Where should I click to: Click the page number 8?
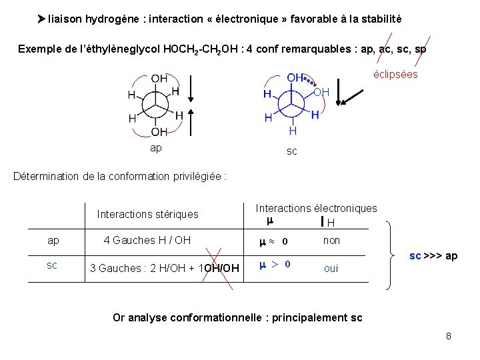(x=449, y=336)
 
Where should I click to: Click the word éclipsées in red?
(x=395, y=74)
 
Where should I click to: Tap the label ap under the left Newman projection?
(x=155, y=147)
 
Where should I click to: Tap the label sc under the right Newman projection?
(x=292, y=151)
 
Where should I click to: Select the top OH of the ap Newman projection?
(x=159, y=79)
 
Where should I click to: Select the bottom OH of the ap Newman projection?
(x=159, y=132)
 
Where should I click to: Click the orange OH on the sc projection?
(x=321, y=91)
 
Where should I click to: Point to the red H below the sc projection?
(x=293, y=131)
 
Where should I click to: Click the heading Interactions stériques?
(x=147, y=214)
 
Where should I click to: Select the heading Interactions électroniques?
(x=316, y=209)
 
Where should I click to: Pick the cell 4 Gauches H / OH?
(x=147, y=240)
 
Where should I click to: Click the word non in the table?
(x=331, y=240)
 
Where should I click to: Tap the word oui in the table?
(x=331, y=268)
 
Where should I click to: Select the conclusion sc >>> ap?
(x=433, y=256)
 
